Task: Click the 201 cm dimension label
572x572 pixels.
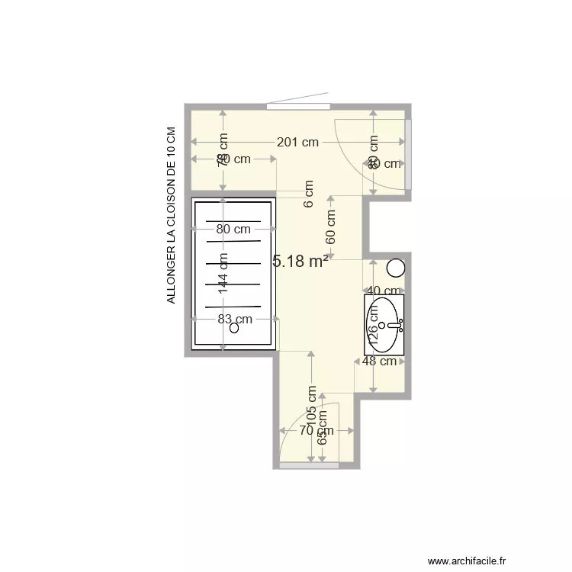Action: coord(297,142)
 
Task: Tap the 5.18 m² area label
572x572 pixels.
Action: coord(300,262)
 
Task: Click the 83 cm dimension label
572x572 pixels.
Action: coord(234,320)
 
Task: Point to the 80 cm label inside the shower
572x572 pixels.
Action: coord(233,229)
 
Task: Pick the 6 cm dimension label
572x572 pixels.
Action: coord(309,193)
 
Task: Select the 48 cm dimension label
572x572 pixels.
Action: coord(380,361)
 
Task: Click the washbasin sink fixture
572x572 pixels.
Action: coord(384,323)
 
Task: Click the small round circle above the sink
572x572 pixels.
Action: coord(395,268)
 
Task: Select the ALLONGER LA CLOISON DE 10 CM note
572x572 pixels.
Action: coord(172,216)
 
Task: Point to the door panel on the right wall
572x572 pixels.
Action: coord(408,156)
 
